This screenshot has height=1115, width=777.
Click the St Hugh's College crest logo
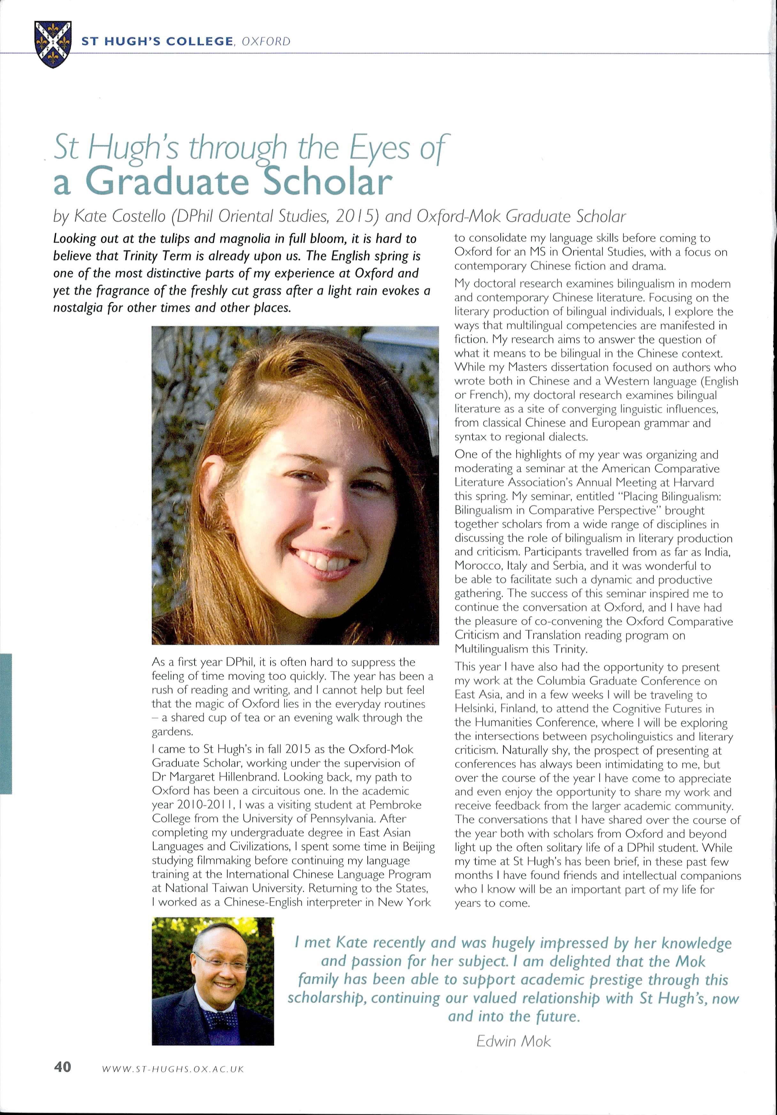(53, 44)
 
